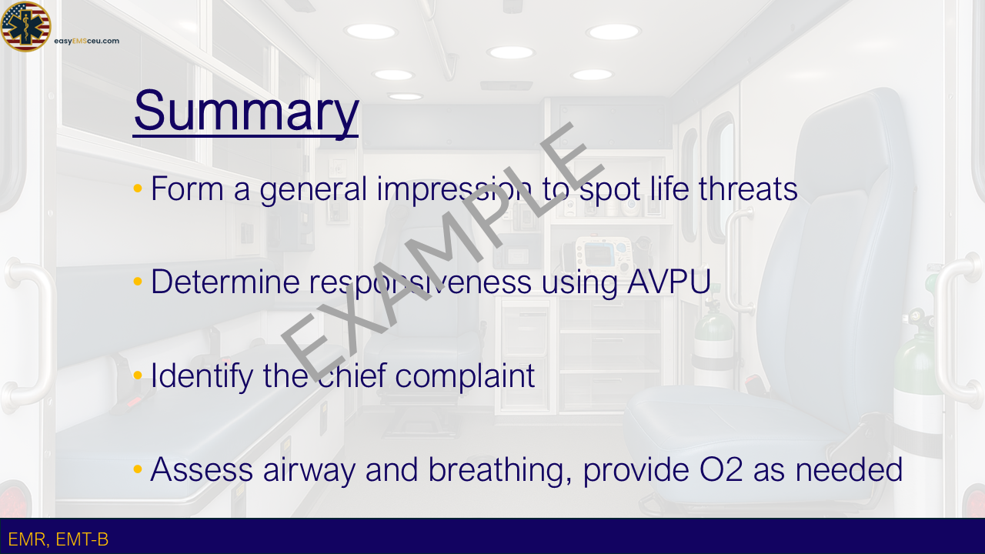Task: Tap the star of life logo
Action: pos(25,26)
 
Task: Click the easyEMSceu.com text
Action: pos(87,41)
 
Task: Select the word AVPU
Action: pos(669,282)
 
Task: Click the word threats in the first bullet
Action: pos(748,189)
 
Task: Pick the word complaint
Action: pos(465,376)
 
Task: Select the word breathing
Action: pos(500,470)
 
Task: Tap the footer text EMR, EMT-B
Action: pos(58,539)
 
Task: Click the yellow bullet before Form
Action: pos(138,189)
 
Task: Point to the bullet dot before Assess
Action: pos(138,469)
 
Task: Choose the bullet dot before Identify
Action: pos(138,375)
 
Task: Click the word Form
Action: pos(187,189)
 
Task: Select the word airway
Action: pos(309,470)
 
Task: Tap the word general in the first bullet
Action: pos(313,189)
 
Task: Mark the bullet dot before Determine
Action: pos(138,282)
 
